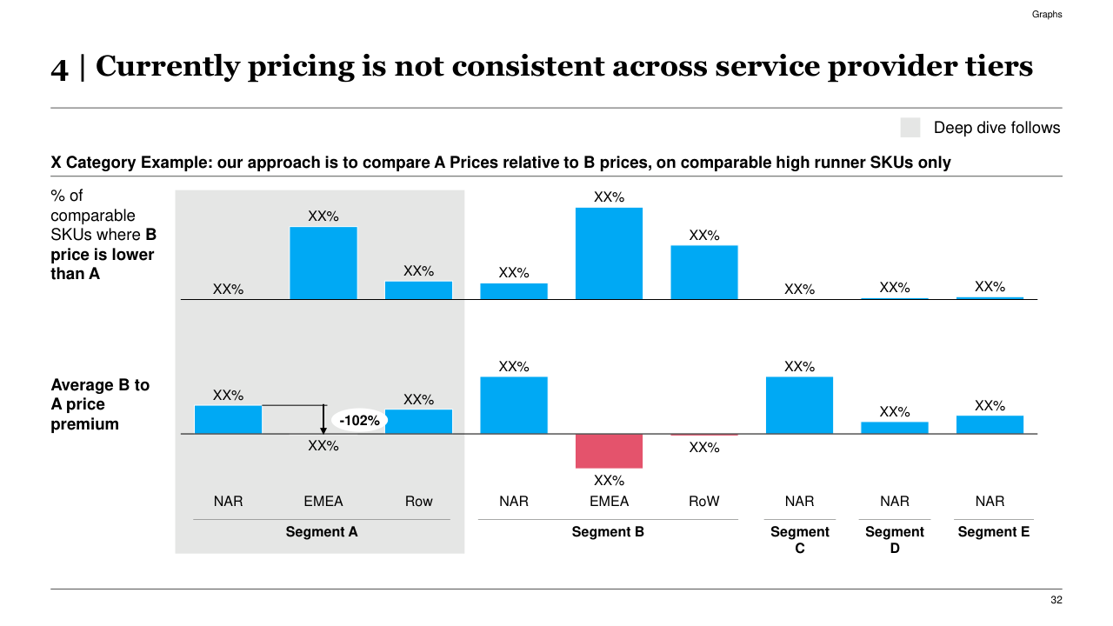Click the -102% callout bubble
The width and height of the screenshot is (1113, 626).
tap(360, 421)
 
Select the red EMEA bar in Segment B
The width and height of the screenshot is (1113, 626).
tap(609, 450)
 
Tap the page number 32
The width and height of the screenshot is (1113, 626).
tap(1056, 601)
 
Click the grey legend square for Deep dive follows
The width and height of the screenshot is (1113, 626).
tap(910, 128)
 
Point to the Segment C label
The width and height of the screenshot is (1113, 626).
tap(800, 540)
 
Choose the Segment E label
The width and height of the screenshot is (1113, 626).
tap(993, 532)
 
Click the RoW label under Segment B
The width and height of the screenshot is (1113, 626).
tap(704, 502)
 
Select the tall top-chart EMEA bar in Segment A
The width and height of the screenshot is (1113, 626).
tap(323, 263)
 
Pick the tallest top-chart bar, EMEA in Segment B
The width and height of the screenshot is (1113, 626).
tap(609, 253)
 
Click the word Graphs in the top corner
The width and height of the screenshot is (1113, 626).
tap(1047, 15)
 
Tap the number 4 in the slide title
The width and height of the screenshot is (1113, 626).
tap(59, 68)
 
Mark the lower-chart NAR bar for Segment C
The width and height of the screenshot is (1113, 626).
tap(799, 405)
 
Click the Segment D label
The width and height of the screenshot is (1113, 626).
tap(895, 540)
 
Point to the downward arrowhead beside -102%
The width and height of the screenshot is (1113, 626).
tap(323, 429)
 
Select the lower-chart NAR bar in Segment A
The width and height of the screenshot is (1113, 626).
tap(228, 419)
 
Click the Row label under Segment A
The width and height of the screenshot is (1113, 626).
tap(418, 502)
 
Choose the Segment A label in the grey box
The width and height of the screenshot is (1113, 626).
tap(322, 532)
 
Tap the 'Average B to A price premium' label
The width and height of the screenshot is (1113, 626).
tap(100, 404)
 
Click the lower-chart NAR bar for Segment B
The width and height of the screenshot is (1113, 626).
tap(514, 405)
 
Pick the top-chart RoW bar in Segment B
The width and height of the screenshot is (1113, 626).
tap(704, 272)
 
